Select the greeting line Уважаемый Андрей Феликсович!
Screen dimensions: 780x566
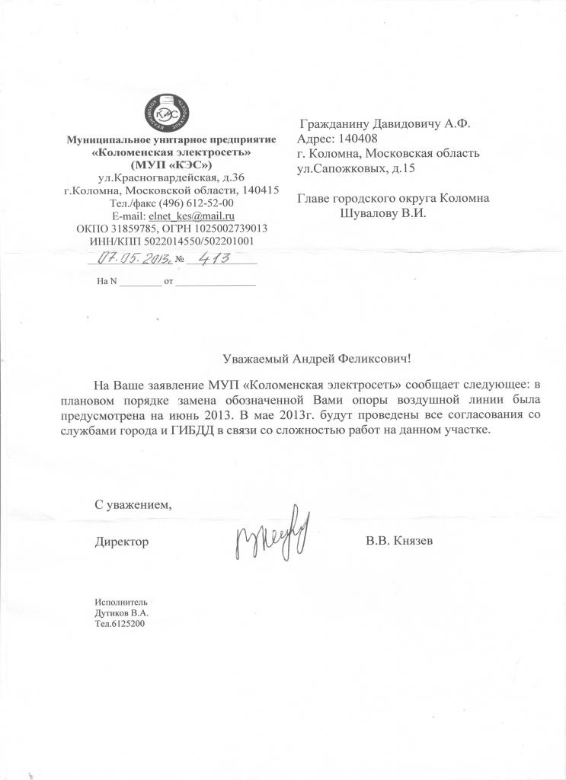pos(321,358)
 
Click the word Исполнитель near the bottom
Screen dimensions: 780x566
pos(117,602)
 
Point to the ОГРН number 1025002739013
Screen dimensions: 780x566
pos(228,229)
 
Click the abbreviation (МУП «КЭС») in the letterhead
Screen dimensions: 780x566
pos(171,165)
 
